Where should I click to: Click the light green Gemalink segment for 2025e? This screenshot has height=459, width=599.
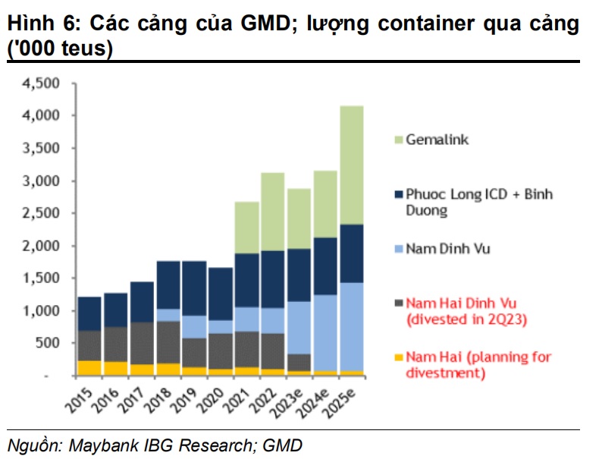(350, 165)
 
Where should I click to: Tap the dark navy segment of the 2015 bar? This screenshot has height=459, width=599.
(90, 313)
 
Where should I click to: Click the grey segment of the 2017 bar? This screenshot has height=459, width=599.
(143, 343)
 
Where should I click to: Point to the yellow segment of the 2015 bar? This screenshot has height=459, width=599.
(90, 368)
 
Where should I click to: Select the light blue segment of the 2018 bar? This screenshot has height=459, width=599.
(168, 315)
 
